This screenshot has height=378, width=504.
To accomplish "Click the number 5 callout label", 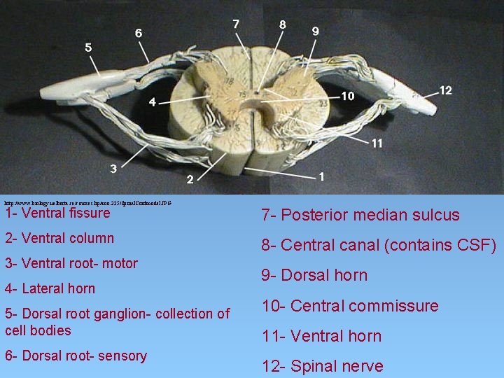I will [88, 48].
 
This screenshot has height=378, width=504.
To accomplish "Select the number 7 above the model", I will [236, 24].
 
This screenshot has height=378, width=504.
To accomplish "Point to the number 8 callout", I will [282, 24].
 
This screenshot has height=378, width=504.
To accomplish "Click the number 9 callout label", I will [316, 31].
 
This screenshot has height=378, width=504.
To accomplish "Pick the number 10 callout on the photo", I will [348, 96].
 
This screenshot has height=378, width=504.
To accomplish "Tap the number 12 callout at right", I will [445, 90].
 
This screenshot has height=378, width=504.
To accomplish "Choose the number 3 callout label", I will [113, 168].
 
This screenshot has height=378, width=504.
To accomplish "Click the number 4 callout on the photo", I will [152, 102].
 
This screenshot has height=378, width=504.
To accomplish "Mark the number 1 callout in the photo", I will [321, 176].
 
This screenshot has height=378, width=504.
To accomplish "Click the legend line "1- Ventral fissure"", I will [57, 213].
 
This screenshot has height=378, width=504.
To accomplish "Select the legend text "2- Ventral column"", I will [59, 238].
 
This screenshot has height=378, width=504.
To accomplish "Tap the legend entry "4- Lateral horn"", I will [50, 288].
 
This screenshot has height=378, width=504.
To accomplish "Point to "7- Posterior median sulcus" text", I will [360, 215].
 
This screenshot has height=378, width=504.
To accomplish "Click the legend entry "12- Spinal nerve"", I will [322, 366].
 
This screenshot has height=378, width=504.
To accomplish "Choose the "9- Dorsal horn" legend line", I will [314, 275].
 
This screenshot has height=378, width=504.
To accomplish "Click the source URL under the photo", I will [87, 202].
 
